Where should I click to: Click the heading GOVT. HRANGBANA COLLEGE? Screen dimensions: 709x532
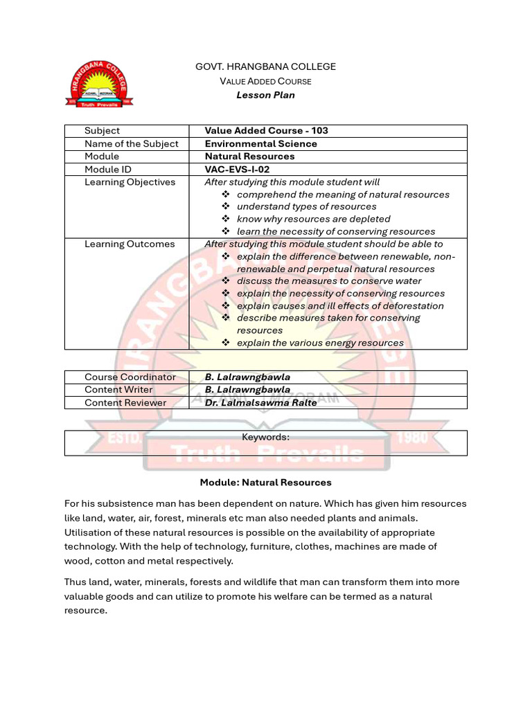265,66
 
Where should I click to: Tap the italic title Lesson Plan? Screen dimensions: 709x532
265,95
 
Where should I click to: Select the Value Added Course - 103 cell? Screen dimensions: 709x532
266,131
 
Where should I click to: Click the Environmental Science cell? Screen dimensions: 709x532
260,144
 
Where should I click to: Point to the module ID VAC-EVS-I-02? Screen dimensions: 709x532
237,170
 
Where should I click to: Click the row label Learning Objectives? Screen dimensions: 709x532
130,182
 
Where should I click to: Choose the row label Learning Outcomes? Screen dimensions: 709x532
130,244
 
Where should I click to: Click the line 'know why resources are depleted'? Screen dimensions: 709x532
313,219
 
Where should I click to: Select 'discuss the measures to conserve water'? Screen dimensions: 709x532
328,281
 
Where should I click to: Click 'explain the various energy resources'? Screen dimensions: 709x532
319,343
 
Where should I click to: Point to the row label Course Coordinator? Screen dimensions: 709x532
130,377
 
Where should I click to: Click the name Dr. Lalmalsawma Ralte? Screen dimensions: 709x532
260,403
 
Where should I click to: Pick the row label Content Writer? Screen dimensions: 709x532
118,390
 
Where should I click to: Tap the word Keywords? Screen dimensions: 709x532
265,437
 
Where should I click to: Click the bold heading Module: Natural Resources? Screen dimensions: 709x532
265,483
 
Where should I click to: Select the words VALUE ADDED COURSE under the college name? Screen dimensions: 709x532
265,81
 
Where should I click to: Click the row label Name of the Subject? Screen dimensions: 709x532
131,144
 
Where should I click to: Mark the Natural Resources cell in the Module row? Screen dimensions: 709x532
249,156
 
